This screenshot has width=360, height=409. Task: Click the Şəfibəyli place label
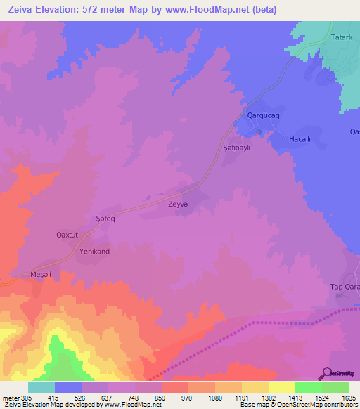237,148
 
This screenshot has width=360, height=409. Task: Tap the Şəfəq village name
106,219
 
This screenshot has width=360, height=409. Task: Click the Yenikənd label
95,251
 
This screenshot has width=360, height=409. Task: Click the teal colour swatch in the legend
41,387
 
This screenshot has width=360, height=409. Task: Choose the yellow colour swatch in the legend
282,387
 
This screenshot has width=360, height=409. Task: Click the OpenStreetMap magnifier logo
326,372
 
